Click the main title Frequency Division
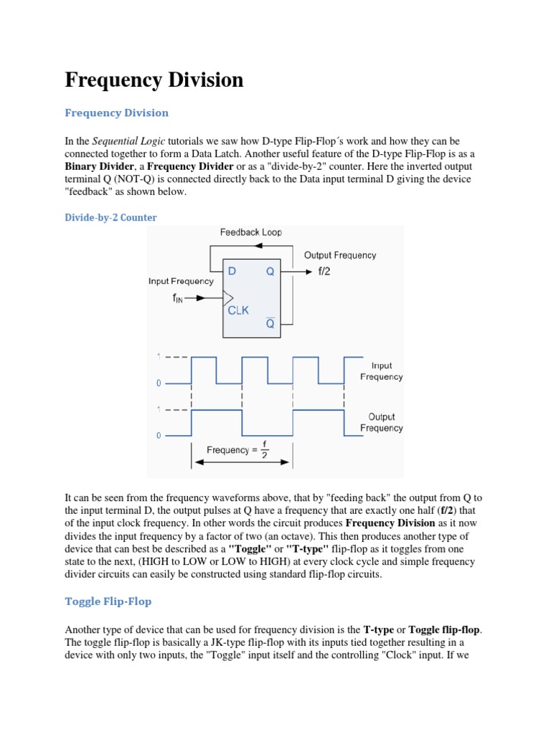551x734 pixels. click(x=154, y=80)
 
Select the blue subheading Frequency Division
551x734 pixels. click(x=117, y=113)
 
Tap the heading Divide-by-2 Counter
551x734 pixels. click(x=110, y=217)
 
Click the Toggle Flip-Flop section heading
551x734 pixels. click(x=108, y=601)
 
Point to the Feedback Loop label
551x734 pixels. click(x=250, y=232)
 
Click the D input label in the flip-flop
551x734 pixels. click(x=232, y=272)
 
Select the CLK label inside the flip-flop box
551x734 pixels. click(x=238, y=310)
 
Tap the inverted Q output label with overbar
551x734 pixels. click(x=270, y=323)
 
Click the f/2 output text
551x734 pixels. click(x=325, y=272)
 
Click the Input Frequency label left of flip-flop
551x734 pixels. click(x=181, y=282)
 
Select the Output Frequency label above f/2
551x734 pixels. click(x=339, y=255)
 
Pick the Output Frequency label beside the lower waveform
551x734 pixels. click(x=381, y=422)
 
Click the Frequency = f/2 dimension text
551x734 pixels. click(x=237, y=450)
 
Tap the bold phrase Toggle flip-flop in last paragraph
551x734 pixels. click(x=445, y=629)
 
